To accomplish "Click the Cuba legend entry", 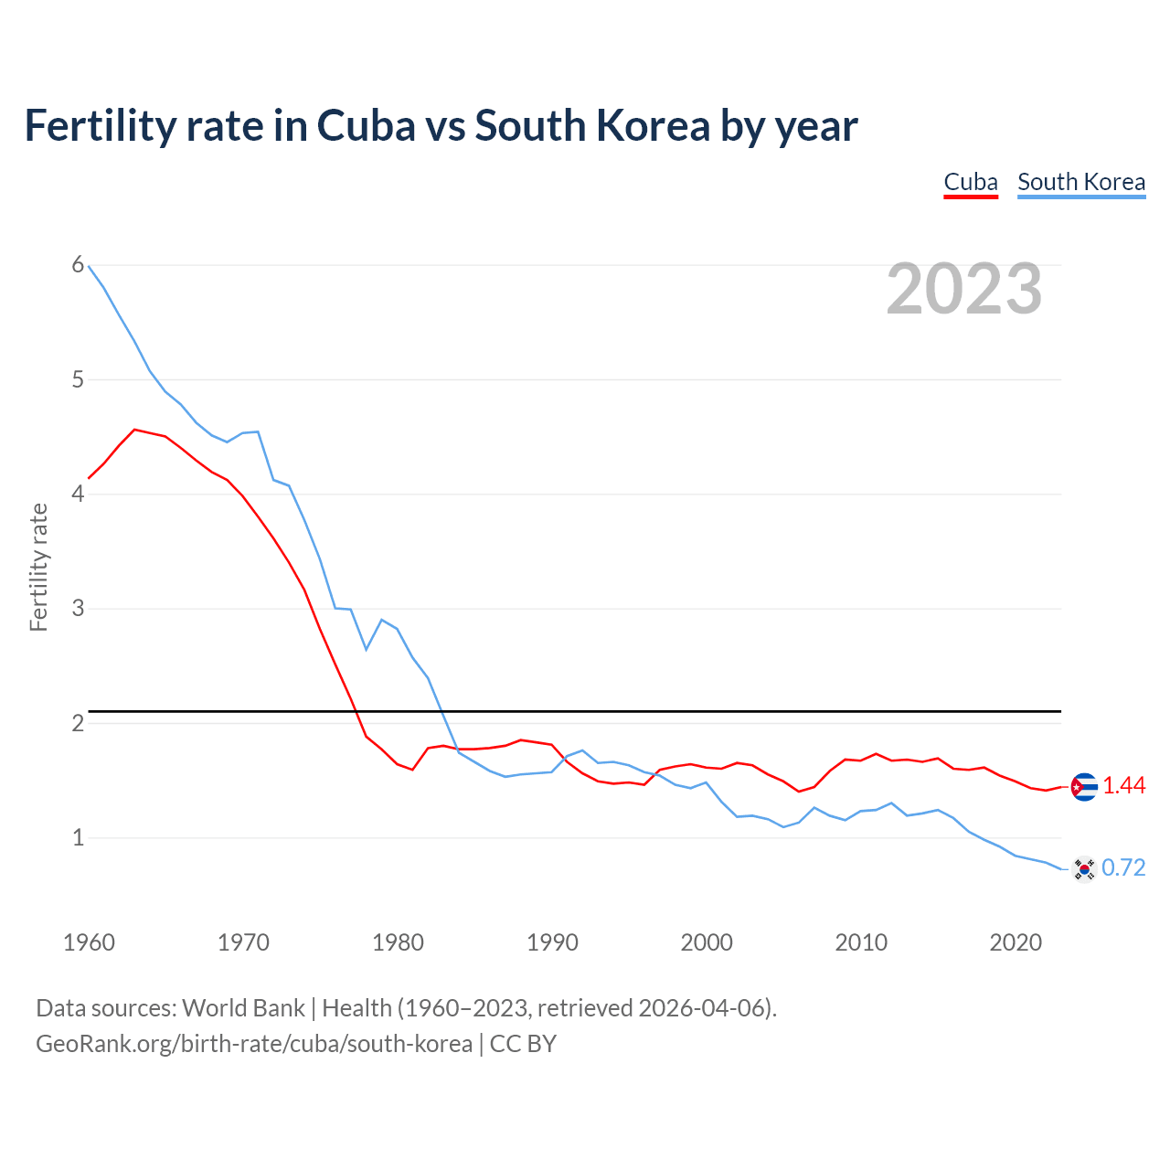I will tap(970, 182).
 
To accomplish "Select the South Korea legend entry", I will tap(1080, 182).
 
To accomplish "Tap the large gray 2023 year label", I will tap(963, 289).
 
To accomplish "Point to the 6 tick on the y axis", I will tap(78, 265).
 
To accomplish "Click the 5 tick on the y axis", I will tap(78, 379).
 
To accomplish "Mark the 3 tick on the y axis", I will tap(78, 608).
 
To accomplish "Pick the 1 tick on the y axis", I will tap(78, 837).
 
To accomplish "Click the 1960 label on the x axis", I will tap(89, 942).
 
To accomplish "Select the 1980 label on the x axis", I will tap(398, 942).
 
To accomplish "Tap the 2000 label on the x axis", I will tap(707, 942).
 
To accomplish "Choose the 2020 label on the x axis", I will tap(1016, 942).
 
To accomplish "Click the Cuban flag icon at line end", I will tap(1084, 786).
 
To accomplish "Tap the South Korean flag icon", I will tap(1084, 868).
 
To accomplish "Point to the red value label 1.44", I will tap(1123, 786).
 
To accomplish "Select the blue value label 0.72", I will tap(1123, 868).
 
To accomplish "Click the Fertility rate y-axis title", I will tap(38, 567).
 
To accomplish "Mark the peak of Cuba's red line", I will tap(134, 429).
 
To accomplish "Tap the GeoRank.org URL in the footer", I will tap(254, 1044).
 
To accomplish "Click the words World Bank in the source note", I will tap(243, 1008).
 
